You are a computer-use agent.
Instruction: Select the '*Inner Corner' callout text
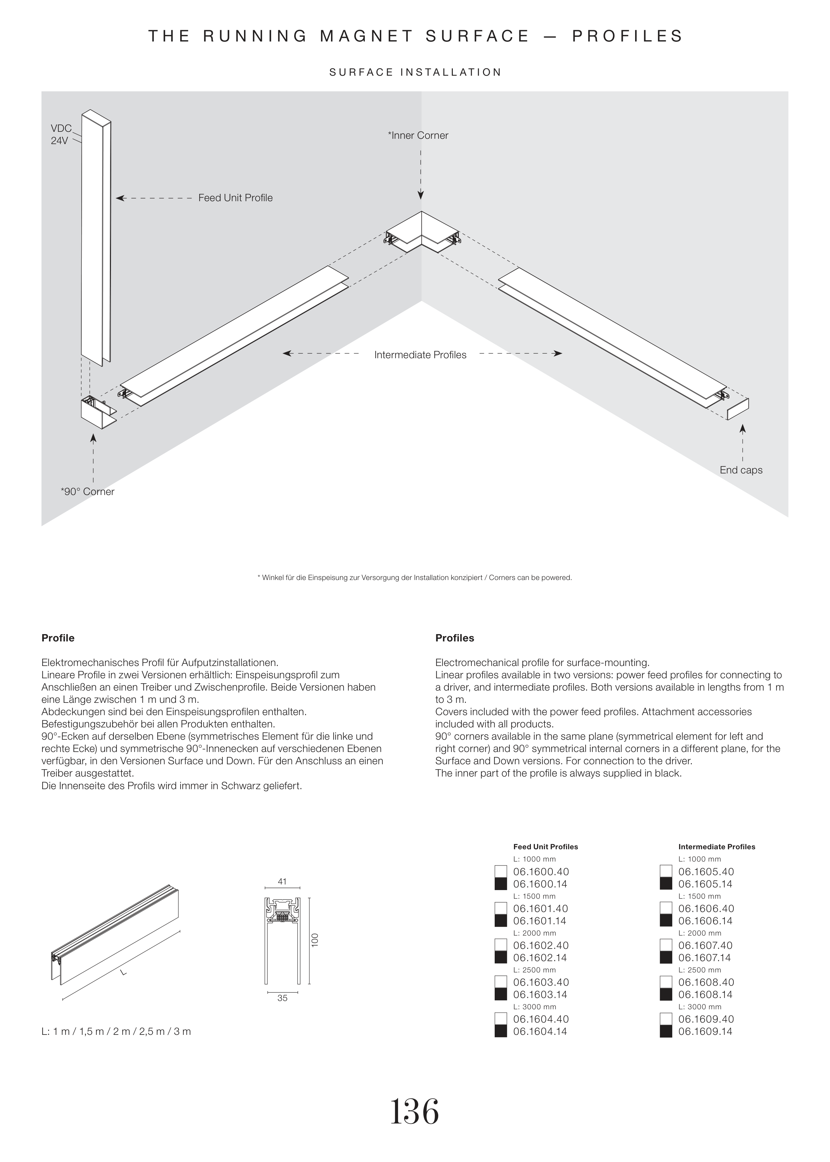[418, 135]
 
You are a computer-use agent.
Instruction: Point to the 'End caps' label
[741, 470]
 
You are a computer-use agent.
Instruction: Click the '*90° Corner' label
[87, 492]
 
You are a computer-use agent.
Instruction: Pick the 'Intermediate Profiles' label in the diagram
[420, 355]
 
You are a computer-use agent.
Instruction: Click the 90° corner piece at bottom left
[97, 413]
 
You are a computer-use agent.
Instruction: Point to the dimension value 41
[282, 881]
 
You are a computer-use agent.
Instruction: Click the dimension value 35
[282, 998]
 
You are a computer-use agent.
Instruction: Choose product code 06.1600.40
[541, 872]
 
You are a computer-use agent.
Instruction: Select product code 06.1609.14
[705, 1031]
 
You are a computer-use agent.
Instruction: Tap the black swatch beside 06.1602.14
[501, 957]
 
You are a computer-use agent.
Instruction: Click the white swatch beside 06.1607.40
[666, 945]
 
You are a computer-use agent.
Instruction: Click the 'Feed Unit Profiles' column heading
[545, 847]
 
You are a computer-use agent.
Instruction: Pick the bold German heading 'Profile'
[58, 638]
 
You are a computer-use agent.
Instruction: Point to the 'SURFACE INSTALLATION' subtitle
[415, 73]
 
